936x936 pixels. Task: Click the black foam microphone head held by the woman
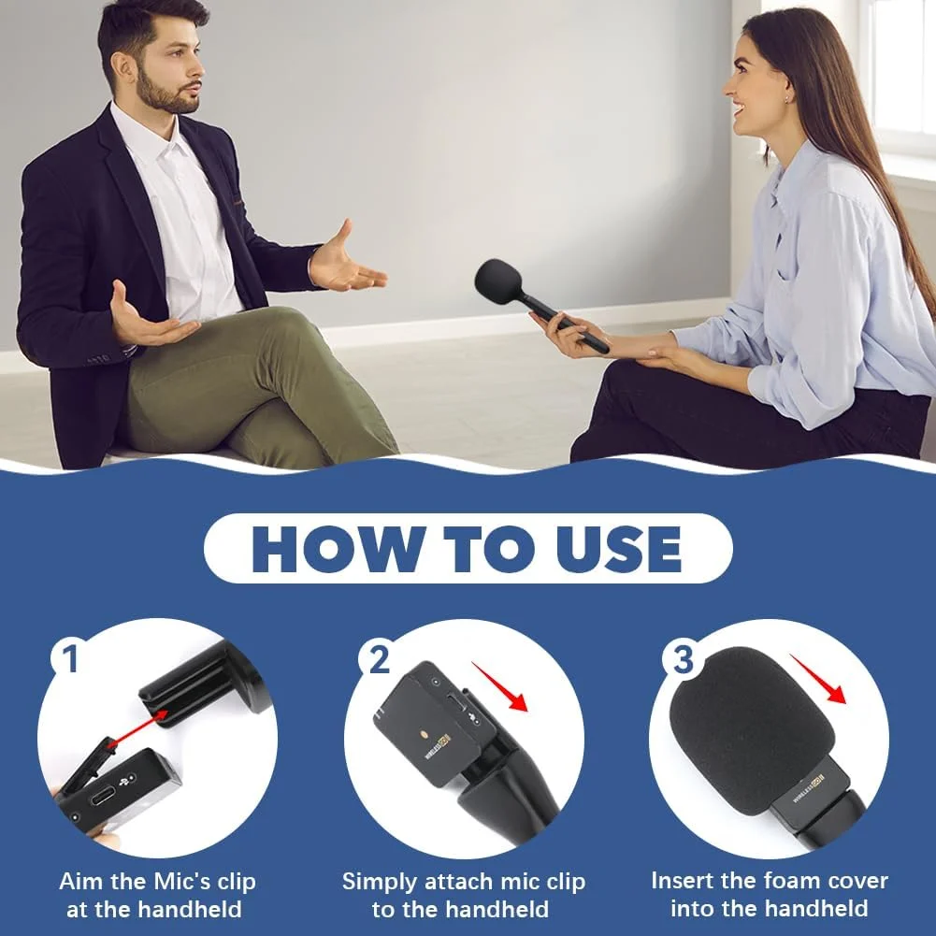498,281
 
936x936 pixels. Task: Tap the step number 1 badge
70,659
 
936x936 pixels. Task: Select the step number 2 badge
379,659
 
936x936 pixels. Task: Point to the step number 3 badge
684,659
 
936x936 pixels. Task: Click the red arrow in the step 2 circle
500,688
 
